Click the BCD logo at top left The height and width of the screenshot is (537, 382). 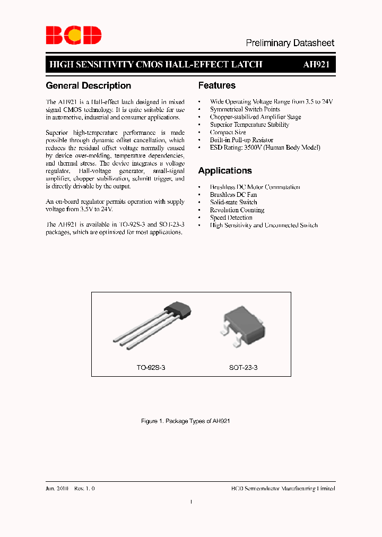click(73, 35)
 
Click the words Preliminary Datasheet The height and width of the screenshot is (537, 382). click(290, 43)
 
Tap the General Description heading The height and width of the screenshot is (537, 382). click(89, 85)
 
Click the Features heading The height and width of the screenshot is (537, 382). click(217, 85)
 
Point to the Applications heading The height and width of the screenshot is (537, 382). click(225, 171)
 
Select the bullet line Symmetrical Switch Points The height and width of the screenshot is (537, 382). click(245, 109)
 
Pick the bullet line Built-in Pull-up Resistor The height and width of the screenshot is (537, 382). click(241, 140)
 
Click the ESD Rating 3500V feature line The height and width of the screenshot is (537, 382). click(265, 148)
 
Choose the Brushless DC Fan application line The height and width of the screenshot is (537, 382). click(233, 195)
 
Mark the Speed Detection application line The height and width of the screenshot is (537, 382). click(231, 218)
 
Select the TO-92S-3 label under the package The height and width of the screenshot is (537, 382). click(151, 367)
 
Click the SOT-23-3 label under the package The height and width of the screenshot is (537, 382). click(244, 367)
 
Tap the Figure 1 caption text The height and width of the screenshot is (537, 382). click(185, 421)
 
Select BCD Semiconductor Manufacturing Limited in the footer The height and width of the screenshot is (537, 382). click(283, 489)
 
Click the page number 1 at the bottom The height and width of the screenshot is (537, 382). click(191, 501)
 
